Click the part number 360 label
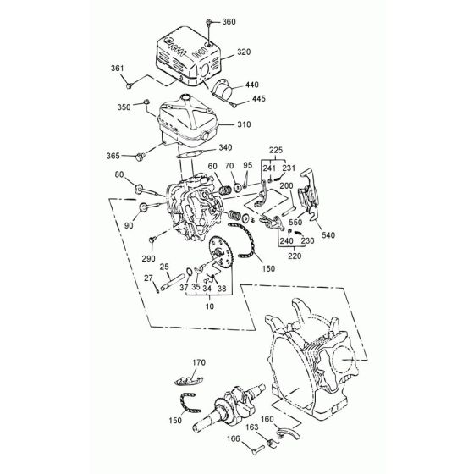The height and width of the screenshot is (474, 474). (x=229, y=22)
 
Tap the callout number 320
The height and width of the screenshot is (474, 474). (x=244, y=52)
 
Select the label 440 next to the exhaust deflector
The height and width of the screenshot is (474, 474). (x=252, y=85)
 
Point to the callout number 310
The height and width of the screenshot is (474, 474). (x=244, y=124)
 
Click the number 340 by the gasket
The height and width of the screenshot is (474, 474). (x=225, y=147)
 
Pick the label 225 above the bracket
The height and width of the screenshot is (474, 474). (x=276, y=150)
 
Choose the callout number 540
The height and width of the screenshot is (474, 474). (x=328, y=235)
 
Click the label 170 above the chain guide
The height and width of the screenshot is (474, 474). (x=199, y=362)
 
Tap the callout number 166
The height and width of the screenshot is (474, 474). (x=233, y=438)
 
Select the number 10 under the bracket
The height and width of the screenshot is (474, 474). (x=210, y=306)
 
